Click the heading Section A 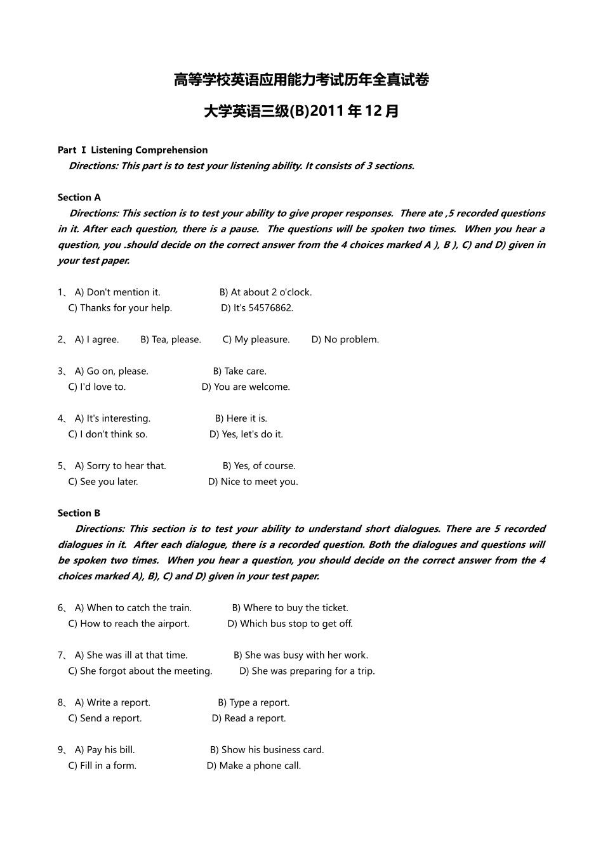click(x=79, y=197)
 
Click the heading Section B click(x=79, y=513)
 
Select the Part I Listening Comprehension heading click(x=133, y=150)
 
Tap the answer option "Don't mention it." click(x=123, y=292)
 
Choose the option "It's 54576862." click(x=263, y=308)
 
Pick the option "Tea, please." click(x=176, y=340)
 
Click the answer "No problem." click(x=351, y=340)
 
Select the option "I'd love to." click(x=102, y=387)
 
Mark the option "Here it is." click(x=246, y=418)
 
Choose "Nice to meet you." click(x=259, y=482)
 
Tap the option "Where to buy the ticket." click(x=296, y=608)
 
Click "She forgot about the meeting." click(x=146, y=671)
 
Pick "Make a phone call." click(x=260, y=766)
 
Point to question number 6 click(x=61, y=608)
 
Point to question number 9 click(x=61, y=750)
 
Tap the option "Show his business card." click(x=272, y=750)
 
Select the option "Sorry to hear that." click(x=126, y=466)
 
